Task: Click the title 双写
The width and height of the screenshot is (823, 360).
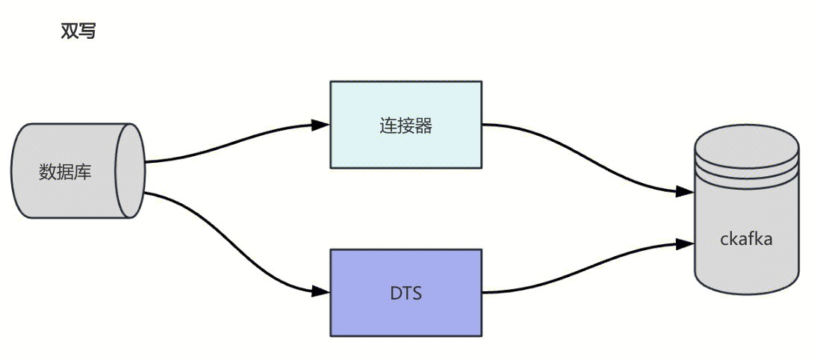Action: coord(78,31)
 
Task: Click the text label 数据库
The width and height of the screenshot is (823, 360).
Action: coord(65,172)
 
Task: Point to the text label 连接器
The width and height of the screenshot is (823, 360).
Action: coord(406,125)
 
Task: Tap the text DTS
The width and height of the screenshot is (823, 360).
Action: coord(406,293)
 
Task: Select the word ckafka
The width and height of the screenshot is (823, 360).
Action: coord(746,239)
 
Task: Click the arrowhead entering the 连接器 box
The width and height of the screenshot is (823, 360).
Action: coord(322,125)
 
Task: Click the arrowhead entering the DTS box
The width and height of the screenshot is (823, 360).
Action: coord(322,291)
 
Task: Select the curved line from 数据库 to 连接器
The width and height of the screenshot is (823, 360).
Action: coord(232,143)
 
